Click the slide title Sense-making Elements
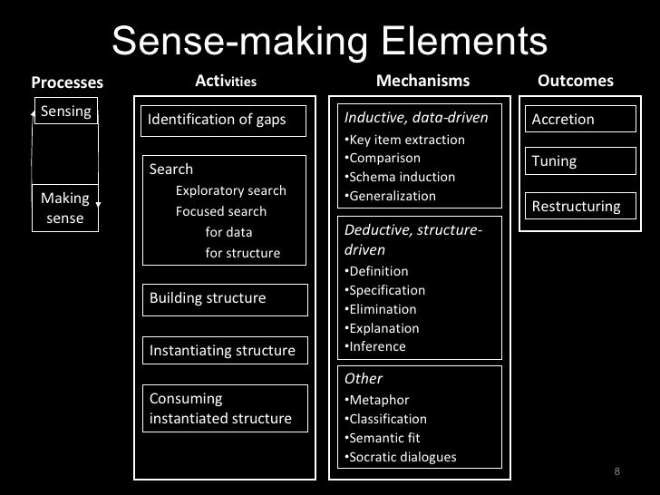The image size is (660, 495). coord(330,41)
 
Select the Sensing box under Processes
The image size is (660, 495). coord(65,112)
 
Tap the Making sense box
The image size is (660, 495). coord(65,208)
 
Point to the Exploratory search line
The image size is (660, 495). coord(230,190)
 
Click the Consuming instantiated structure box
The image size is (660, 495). coord(223,408)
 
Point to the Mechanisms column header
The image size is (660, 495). coord(422,82)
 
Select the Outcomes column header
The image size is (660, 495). coord(576,82)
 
